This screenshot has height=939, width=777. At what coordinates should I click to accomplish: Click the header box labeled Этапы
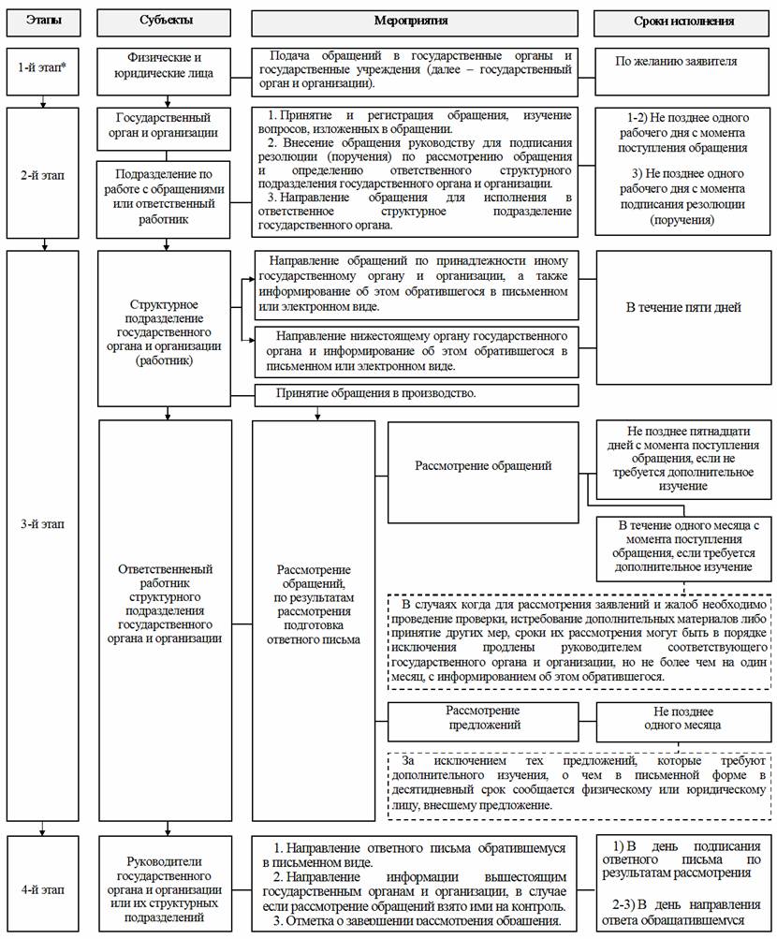tap(43, 20)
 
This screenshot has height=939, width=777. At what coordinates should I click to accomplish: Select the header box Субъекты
tap(168, 20)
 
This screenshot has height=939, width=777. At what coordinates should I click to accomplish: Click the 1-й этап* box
tap(43, 72)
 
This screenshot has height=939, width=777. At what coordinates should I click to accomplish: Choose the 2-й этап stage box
tap(43, 175)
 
